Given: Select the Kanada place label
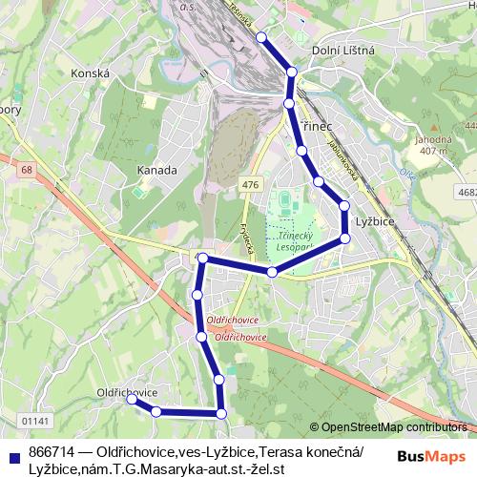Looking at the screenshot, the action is click(x=157, y=170).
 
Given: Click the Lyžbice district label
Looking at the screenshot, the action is click(x=375, y=220).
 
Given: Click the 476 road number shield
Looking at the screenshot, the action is click(x=250, y=184).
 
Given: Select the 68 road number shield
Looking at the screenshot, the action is click(x=24, y=170).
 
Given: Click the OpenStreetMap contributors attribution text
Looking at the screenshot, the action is click(x=394, y=427).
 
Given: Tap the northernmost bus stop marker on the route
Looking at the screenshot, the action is click(x=261, y=37).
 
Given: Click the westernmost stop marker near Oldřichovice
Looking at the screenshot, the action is click(x=133, y=401).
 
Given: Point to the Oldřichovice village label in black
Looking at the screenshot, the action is click(x=127, y=392).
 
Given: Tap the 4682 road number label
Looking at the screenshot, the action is click(x=467, y=192).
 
